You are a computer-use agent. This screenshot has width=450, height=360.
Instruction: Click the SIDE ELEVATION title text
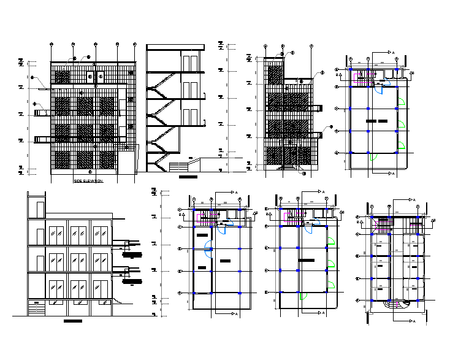[88, 182]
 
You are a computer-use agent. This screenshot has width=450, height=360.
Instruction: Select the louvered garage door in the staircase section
[180, 166]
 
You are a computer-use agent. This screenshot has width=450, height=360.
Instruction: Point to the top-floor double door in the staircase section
[190, 64]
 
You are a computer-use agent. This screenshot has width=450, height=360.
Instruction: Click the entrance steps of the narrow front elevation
[288, 167]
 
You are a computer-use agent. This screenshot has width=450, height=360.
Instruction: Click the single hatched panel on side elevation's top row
[62, 77]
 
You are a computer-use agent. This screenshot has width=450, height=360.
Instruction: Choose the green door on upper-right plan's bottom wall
[372, 156]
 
